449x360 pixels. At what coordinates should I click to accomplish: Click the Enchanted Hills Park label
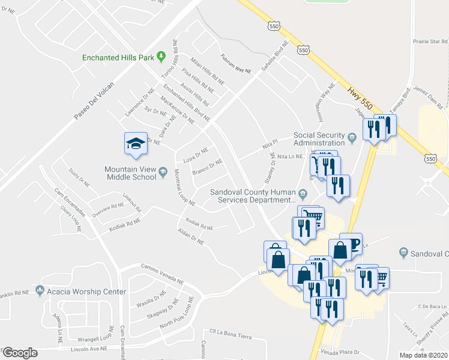click(118, 58)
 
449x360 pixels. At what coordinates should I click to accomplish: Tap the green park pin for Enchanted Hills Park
click(161, 57)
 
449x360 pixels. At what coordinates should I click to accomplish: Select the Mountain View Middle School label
click(131, 173)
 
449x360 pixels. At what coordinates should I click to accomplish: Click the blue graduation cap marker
click(136, 144)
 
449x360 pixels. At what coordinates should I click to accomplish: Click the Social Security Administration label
click(320, 139)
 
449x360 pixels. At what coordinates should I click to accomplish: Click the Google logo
click(20, 353)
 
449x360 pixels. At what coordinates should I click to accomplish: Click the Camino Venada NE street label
click(161, 273)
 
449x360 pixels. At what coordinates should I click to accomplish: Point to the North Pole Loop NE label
click(176, 314)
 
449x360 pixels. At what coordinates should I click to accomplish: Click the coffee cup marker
click(351, 243)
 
